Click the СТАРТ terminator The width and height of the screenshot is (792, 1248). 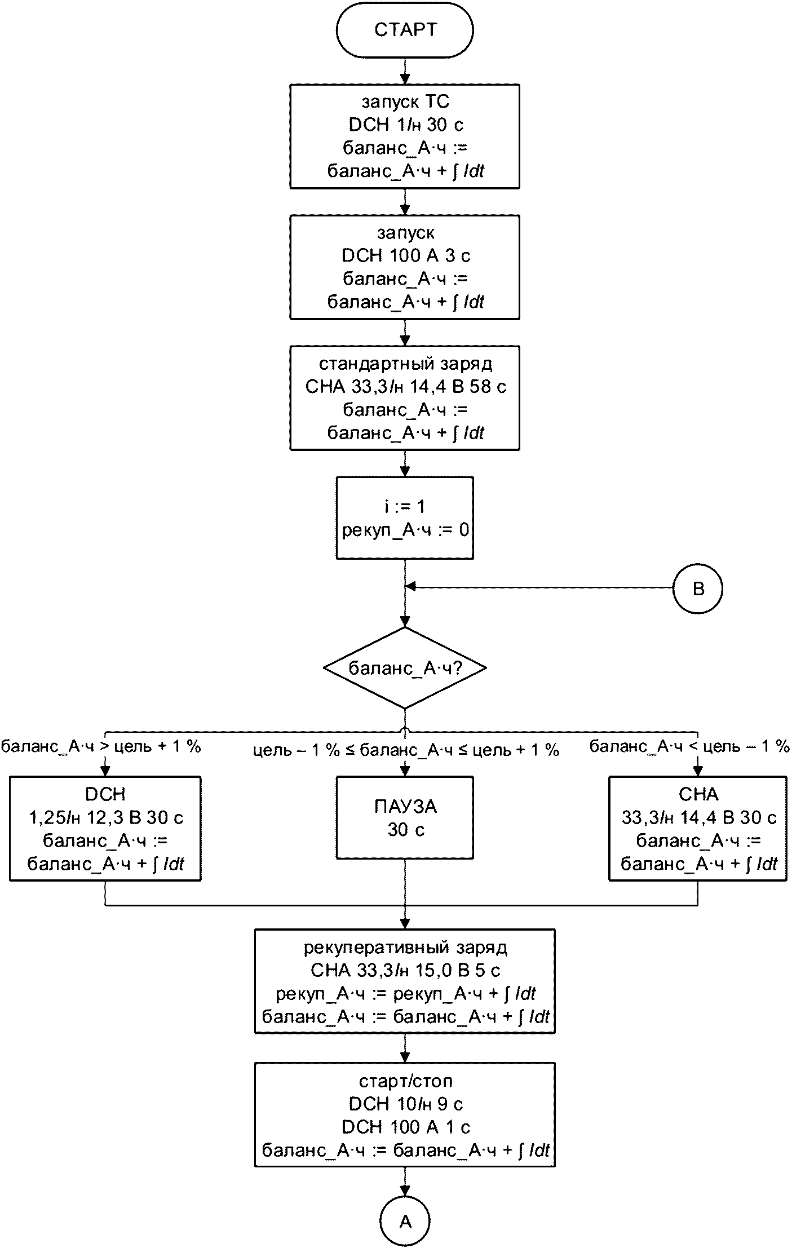(405, 30)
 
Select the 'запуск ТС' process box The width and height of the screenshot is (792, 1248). (405, 136)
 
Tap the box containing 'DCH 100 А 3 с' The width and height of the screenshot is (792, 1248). (405, 267)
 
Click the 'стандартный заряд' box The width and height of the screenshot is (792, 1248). (405, 398)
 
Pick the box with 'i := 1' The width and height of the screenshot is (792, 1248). (405, 518)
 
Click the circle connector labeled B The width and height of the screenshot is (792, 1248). (698, 589)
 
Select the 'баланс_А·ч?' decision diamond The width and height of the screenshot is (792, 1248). (405, 668)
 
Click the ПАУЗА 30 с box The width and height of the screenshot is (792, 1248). (405, 818)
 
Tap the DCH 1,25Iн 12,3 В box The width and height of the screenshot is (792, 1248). (105, 829)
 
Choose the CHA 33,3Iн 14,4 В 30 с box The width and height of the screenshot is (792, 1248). (698, 829)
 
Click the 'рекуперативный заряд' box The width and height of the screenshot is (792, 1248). (405, 981)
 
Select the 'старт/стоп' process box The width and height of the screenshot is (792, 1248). (405, 1115)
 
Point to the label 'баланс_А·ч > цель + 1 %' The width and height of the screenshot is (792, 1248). (101, 747)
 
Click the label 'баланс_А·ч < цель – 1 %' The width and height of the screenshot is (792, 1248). (690, 747)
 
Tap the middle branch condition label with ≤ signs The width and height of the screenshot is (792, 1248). (406, 750)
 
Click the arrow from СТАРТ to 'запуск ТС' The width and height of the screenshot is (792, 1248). (405, 71)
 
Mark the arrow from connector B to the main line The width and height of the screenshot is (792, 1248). (539, 587)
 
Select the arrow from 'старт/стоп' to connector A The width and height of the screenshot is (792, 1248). (405, 1181)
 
